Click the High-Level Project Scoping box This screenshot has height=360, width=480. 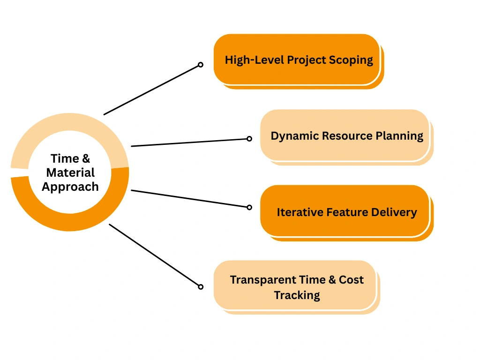[x=299, y=61]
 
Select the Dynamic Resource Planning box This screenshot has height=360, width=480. [x=346, y=137]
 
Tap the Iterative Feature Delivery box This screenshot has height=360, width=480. [x=346, y=213]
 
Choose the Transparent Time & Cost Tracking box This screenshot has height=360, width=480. [x=297, y=287]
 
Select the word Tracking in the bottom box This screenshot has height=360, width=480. [x=297, y=296]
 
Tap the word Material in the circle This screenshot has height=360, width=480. [x=70, y=172]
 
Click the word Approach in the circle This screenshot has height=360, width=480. [x=70, y=187]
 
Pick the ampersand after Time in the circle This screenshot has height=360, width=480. [x=86, y=158]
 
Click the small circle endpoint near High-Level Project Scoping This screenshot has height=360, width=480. [x=201, y=65]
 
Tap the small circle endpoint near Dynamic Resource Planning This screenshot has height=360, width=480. [x=249, y=139]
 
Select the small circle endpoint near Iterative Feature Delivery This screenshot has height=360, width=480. [x=249, y=207]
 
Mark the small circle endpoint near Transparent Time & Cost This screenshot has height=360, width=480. [x=201, y=287]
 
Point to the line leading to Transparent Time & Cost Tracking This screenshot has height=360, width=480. [x=154, y=255]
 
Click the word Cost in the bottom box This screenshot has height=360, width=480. [x=351, y=280]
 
